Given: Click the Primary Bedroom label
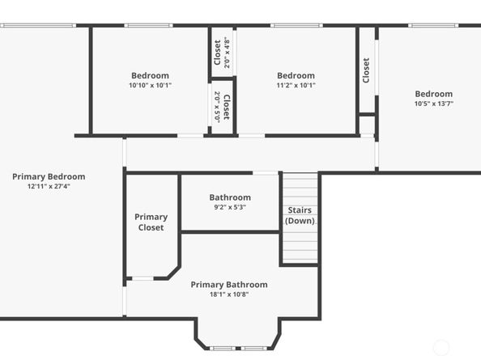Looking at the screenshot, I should point(49,176).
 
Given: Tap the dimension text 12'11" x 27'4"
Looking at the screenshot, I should point(49,186).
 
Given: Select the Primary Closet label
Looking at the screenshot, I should point(151,222).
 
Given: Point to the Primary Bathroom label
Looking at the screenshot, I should point(229,285).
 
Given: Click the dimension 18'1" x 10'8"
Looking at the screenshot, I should point(229,294).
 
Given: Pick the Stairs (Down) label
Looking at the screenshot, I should point(300,216).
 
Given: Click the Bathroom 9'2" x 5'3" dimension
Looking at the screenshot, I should point(230,207).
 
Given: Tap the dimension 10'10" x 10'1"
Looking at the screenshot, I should point(150,85).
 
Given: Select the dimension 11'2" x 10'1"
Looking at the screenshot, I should point(296,85).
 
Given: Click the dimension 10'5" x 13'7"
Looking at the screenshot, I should point(434,103).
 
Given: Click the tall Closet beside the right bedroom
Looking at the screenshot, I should point(366,70).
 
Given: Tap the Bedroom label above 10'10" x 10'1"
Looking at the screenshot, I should point(150,75).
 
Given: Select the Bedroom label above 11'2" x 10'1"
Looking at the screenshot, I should point(296,75).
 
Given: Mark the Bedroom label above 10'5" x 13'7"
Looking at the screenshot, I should point(434,93).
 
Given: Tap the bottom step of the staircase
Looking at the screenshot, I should point(300,259).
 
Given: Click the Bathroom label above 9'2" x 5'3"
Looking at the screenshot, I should point(230,197).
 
